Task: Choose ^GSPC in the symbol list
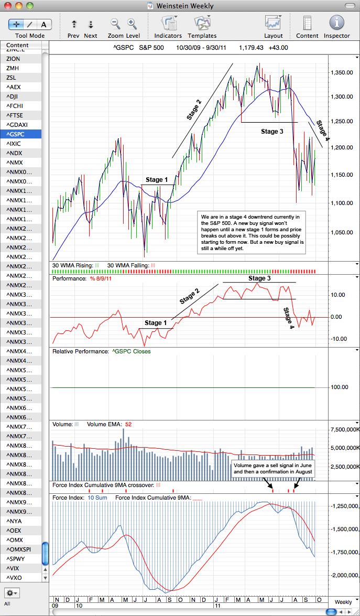pos(16,134)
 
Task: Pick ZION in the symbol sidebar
pos(13,59)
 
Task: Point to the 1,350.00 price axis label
pos(342,73)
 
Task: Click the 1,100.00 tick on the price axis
pos(342,203)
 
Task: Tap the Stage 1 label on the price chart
pos(157,179)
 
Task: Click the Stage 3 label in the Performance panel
pos(259,278)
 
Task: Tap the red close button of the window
pos(8,5)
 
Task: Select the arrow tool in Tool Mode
pos(16,24)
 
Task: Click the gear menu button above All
pos(13,592)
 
